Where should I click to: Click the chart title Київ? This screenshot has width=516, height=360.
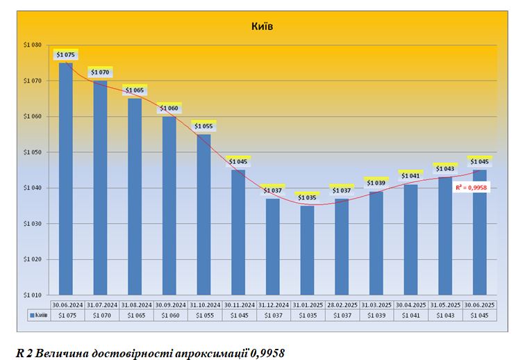pos(262,26)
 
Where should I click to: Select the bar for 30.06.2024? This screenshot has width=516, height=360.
pos(66,181)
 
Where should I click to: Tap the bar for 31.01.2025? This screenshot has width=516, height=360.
pos(307,250)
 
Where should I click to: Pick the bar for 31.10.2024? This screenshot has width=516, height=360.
pos(203,215)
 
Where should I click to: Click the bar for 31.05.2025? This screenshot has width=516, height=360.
pos(445,236)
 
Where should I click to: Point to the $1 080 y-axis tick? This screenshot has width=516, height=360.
pos(33,45)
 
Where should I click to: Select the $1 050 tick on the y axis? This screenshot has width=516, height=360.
pos(33,152)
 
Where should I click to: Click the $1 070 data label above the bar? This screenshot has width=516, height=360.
pos(101,72)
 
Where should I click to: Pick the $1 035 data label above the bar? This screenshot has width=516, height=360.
pos(307,198)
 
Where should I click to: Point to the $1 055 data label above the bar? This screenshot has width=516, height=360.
pos(203,126)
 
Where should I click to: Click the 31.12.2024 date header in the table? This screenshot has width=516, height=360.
pos(272,304)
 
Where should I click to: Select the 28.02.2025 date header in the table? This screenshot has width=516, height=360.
pos(342,304)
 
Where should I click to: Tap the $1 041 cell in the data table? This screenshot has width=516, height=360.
pos(410,315)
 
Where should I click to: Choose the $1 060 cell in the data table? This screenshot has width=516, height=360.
pos(169,315)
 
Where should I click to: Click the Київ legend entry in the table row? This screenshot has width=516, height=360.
pos(38,315)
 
